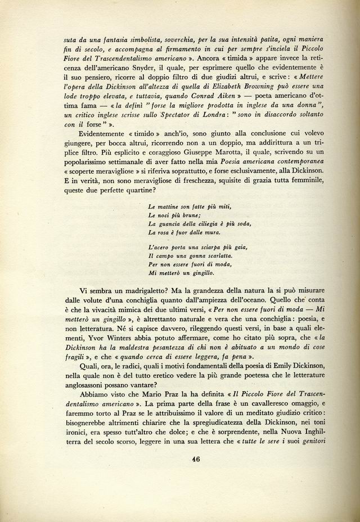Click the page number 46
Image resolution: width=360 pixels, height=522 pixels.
coord(195,458)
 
